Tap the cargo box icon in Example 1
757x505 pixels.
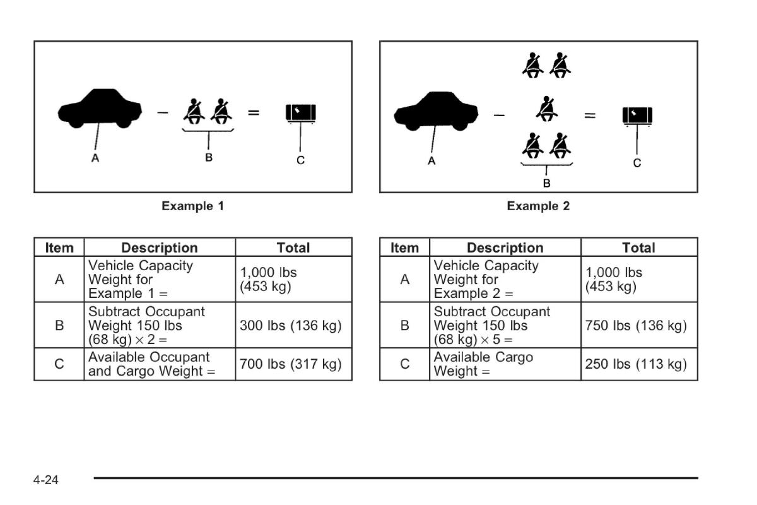click(301, 113)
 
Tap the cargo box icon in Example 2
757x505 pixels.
click(637, 116)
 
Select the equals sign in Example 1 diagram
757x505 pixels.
click(254, 113)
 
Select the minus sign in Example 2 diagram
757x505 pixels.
click(499, 116)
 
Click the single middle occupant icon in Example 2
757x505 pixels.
click(546, 108)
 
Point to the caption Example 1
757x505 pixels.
click(192, 206)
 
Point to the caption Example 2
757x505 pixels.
click(538, 206)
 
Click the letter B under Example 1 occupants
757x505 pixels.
click(209, 158)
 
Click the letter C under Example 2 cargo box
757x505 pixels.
click(637, 163)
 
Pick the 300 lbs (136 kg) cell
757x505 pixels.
click(293, 326)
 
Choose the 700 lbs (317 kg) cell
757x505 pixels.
click(293, 364)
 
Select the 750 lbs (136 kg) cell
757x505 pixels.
click(639, 326)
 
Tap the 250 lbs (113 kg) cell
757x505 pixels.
click(639, 364)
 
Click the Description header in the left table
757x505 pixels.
click(160, 247)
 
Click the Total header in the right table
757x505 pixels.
click(639, 247)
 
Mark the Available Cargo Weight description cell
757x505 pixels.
click(505, 364)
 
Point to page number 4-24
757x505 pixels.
click(46, 480)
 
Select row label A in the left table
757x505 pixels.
click(59, 279)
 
